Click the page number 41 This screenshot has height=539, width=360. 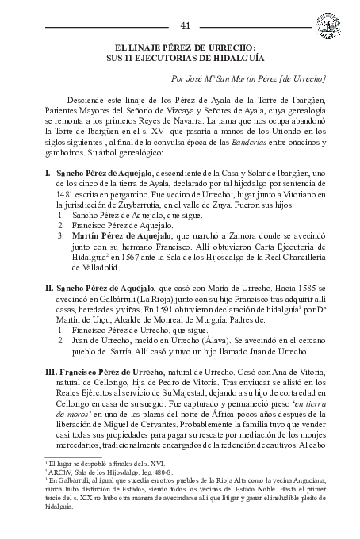pos(185,25)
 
